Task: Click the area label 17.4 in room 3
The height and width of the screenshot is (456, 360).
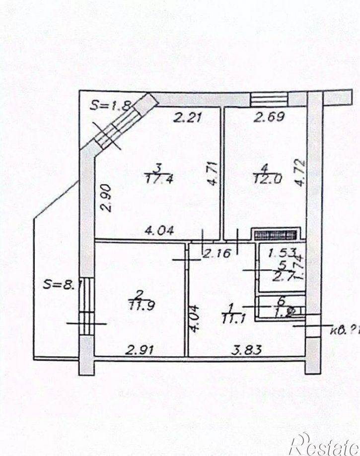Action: click(157, 179)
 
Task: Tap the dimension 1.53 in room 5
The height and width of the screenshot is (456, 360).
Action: click(282, 253)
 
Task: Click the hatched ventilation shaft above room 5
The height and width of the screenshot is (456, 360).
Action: click(276, 234)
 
